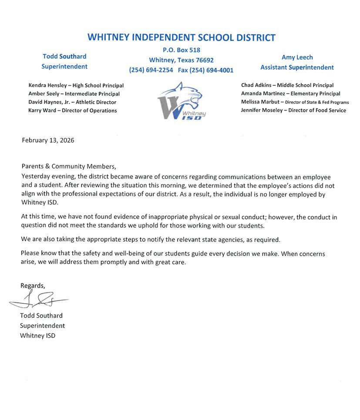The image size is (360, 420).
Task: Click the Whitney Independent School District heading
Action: pyautogui.click(x=181, y=37)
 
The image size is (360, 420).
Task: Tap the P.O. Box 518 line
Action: pyautogui.click(x=181, y=50)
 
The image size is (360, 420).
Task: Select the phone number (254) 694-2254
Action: pyautogui.click(x=151, y=70)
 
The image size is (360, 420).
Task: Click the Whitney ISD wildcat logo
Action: pyautogui.click(x=180, y=101)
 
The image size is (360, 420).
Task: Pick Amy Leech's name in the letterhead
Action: pyautogui.click(x=297, y=57)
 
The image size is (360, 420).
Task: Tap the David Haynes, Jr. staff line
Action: pyautogui.click(x=72, y=102)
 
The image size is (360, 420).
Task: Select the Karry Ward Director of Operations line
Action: pyautogui.click(x=72, y=111)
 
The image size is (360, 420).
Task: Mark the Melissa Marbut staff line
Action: pyautogui.click(x=295, y=102)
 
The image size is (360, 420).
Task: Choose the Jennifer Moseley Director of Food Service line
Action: pyautogui.click(x=293, y=111)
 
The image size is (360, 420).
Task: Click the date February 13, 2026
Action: pyautogui.click(x=47, y=140)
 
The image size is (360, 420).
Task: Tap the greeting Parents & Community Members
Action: pyautogui.click(x=68, y=166)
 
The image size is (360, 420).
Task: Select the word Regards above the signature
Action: pyautogui.click(x=32, y=286)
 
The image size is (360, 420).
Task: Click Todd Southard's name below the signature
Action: pyautogui.click(x=41, y=316)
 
